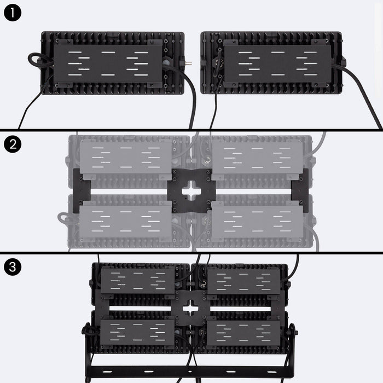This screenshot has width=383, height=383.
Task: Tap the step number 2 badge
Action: point(12,144)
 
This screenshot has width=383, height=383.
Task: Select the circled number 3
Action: point(12,267)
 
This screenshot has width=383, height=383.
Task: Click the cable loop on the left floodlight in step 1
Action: point(38,60)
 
